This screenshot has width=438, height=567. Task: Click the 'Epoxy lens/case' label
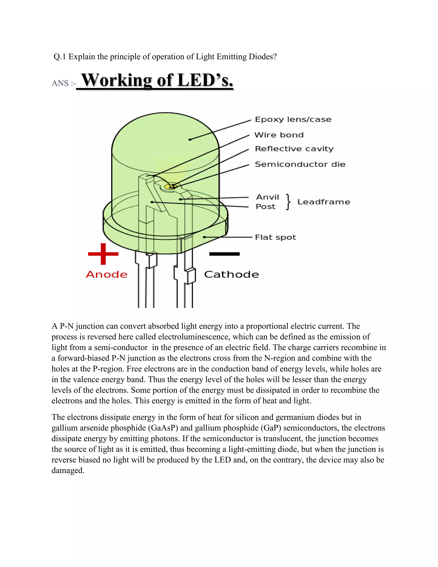(x=293, y=119)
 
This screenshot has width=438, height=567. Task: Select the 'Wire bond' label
(x=279, y=135)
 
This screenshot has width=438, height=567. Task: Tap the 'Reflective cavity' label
(x=294, y=149)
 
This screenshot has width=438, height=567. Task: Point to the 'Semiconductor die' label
(x=300, y=164)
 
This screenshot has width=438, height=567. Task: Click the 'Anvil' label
(x=267, y=197)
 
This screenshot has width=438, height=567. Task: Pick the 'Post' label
(x=265, y=207)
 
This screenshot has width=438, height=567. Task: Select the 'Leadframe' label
(x=324, y=202)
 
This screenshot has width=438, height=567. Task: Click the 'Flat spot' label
(x=275, y=237)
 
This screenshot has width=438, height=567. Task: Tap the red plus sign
(x=103, y=254)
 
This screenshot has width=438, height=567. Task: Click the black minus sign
(x=224, y=254)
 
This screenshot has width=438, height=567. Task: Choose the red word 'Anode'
(x=107, y=275)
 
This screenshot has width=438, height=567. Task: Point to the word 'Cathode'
(x=231, y=275)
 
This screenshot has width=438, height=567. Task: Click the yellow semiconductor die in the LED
(x=171, y=186)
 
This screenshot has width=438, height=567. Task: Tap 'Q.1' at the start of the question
(x=60, y=57)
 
